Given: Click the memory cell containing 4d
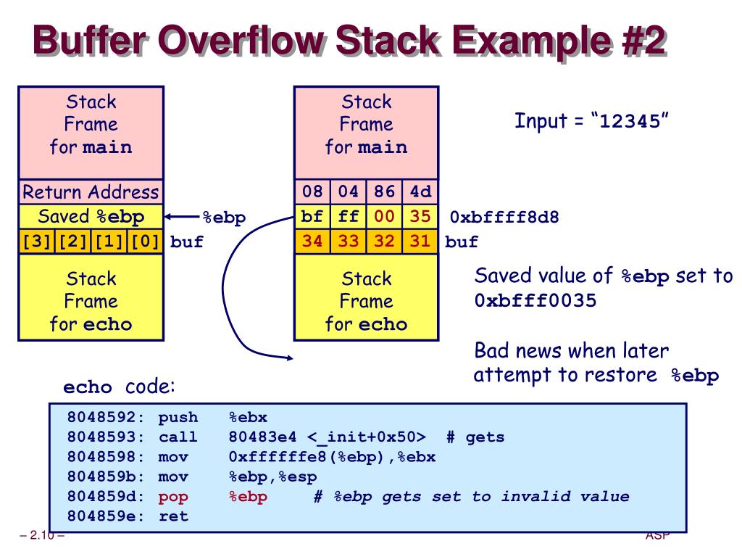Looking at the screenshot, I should coord(420,192).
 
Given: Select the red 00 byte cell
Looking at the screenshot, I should coord(384,217).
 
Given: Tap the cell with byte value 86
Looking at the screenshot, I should coord(384,192).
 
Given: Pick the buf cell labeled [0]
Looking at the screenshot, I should coord(146,242).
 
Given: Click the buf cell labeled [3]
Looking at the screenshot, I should coord(35,242).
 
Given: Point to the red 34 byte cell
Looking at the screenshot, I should coord(312,242).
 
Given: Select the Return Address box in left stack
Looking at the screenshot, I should coord(91,192).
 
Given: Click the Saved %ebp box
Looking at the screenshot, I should coord(91,217).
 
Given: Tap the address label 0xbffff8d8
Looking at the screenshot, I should coord(504,217).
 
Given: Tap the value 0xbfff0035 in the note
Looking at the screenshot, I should coord(535,300).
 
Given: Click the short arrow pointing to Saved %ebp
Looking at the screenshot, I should coord(181,217).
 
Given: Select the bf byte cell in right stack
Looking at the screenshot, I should coord(312,217).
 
